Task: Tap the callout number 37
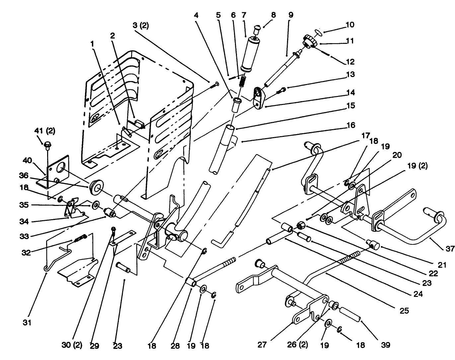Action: tap(449, 248)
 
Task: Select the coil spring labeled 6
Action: tap(243, 81)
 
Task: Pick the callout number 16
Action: tap(350, 125)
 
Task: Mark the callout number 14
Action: tap(350, 92)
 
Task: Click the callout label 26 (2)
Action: tap(298, 345)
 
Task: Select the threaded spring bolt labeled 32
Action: tap(80, 238)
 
